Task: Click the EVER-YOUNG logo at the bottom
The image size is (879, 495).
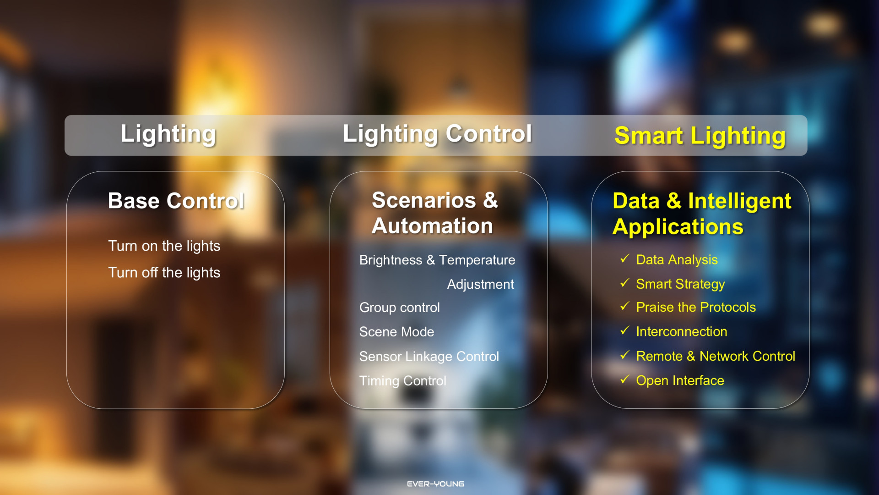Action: click(435, 484)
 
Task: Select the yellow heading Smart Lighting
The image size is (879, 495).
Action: click(700, 136)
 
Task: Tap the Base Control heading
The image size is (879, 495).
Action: click(176, 201)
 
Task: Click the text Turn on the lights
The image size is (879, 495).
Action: click(164, 246)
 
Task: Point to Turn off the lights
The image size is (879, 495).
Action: click(164, 273)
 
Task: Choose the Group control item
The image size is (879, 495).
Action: click(400, 308)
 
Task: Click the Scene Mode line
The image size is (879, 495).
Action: click(397, 332)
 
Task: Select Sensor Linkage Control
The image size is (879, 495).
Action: click(429, 357)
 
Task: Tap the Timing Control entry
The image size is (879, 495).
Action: click(403, 381)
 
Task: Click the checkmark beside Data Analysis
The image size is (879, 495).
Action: click(625, 258)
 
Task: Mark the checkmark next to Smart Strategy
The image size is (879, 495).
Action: click(625, 283)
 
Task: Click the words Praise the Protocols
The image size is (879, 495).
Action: click(696, 308)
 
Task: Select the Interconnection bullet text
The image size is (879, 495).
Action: click(682, 332)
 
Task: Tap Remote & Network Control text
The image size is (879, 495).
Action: click(716, 356)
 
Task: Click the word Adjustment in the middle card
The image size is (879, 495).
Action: click(481, 285)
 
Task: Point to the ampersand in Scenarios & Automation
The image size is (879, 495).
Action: click(490, 200)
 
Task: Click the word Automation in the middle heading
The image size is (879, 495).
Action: click(432, 226)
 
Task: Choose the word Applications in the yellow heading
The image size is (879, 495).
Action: click(678, 227)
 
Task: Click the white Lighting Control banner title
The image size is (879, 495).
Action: click(437, 134)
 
